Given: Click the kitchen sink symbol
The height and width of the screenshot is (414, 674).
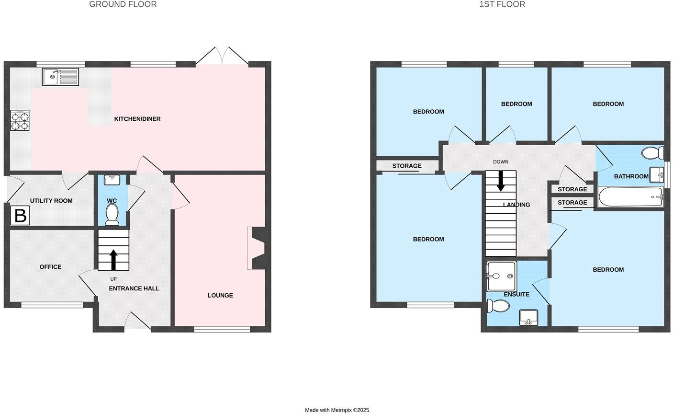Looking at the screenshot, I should point(60,77).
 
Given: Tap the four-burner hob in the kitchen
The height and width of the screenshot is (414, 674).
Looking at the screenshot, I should point(20,120).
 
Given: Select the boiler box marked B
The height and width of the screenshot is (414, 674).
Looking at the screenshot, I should point(20,216).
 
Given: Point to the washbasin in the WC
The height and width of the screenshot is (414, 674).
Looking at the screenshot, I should point(112,181).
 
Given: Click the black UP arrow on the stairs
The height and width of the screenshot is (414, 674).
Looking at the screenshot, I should point(113,259).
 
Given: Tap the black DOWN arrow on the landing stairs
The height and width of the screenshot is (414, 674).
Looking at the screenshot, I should point(501,180).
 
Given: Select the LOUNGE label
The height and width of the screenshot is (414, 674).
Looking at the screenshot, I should point(220,295).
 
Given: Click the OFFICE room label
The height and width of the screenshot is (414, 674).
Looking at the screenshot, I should point(50,267).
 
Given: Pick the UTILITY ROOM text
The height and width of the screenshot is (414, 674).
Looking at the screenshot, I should point(51,201).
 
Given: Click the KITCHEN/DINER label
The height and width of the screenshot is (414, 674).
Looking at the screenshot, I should point(137,119).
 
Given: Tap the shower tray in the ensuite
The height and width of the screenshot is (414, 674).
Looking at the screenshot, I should point(501,276).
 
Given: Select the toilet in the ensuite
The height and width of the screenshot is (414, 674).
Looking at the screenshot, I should point(498,306).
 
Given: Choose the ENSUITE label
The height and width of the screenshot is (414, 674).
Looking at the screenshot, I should point(517,294).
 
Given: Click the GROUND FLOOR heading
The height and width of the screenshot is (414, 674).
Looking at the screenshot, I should point(123,4).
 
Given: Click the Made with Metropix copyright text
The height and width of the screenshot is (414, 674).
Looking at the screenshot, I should point(337,410).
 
